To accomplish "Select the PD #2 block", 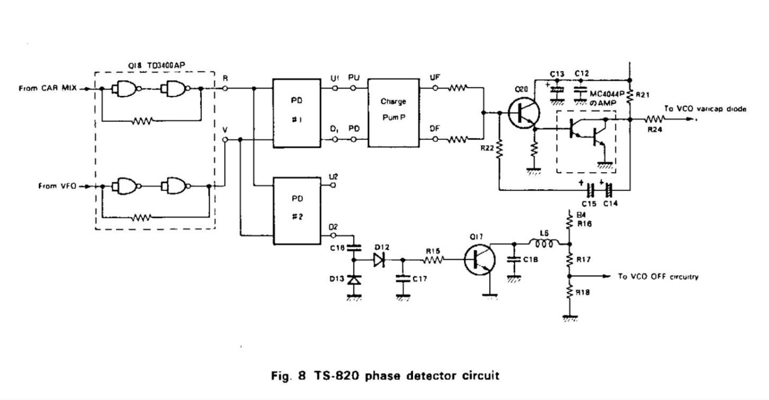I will pos(297,211).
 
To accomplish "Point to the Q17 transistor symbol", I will pos(479,260).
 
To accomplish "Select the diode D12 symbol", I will pos(378,260).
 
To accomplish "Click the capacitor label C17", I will pos(419,278).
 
